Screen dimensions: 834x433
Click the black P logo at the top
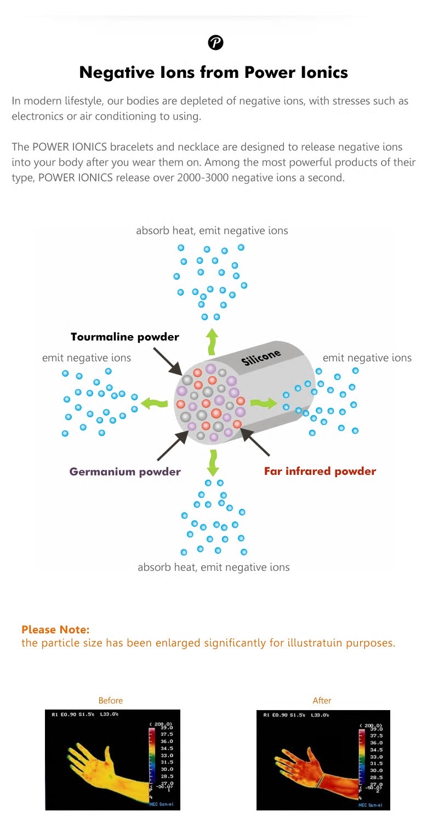tap(216, 42)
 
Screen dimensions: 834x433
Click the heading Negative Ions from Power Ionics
tap(214, 72)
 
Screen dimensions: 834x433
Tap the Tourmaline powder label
tap(125, 337)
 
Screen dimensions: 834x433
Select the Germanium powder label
tap(125, 471)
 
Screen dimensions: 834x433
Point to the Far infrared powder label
tap(320, 471)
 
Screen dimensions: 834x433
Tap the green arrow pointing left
tap(154, 404)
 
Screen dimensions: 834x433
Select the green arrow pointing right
tap(264, 404)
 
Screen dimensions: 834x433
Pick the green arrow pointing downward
tap(213, 463)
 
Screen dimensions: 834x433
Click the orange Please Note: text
tap(55, 629)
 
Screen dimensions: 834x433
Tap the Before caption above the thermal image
tap(111, 700)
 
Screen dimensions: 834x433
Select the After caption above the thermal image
tap(322, 700)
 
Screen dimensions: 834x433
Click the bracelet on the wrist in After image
tap(324, 777)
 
